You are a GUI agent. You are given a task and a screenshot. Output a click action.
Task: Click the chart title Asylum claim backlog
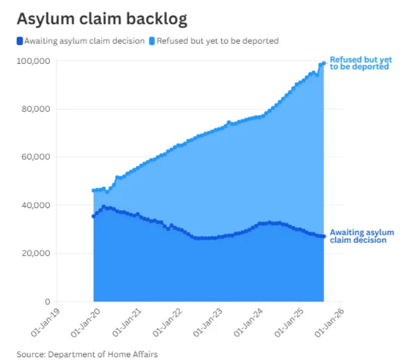(102, 19)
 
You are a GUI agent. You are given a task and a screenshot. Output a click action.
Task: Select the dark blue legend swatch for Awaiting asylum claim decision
(20, 40)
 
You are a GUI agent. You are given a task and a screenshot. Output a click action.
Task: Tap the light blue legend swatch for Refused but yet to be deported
(152, 40)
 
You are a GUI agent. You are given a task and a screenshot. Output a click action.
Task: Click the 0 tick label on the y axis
(48, 302)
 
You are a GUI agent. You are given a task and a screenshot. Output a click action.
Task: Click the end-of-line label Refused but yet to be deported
(359, 63)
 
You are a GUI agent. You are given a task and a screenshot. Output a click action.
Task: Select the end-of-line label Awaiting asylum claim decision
(361, 236)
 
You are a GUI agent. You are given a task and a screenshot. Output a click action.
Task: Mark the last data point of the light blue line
(324, 63)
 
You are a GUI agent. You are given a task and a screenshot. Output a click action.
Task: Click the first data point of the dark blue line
(93, 216)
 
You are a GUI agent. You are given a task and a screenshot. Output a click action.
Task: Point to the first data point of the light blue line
(93, 190)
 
